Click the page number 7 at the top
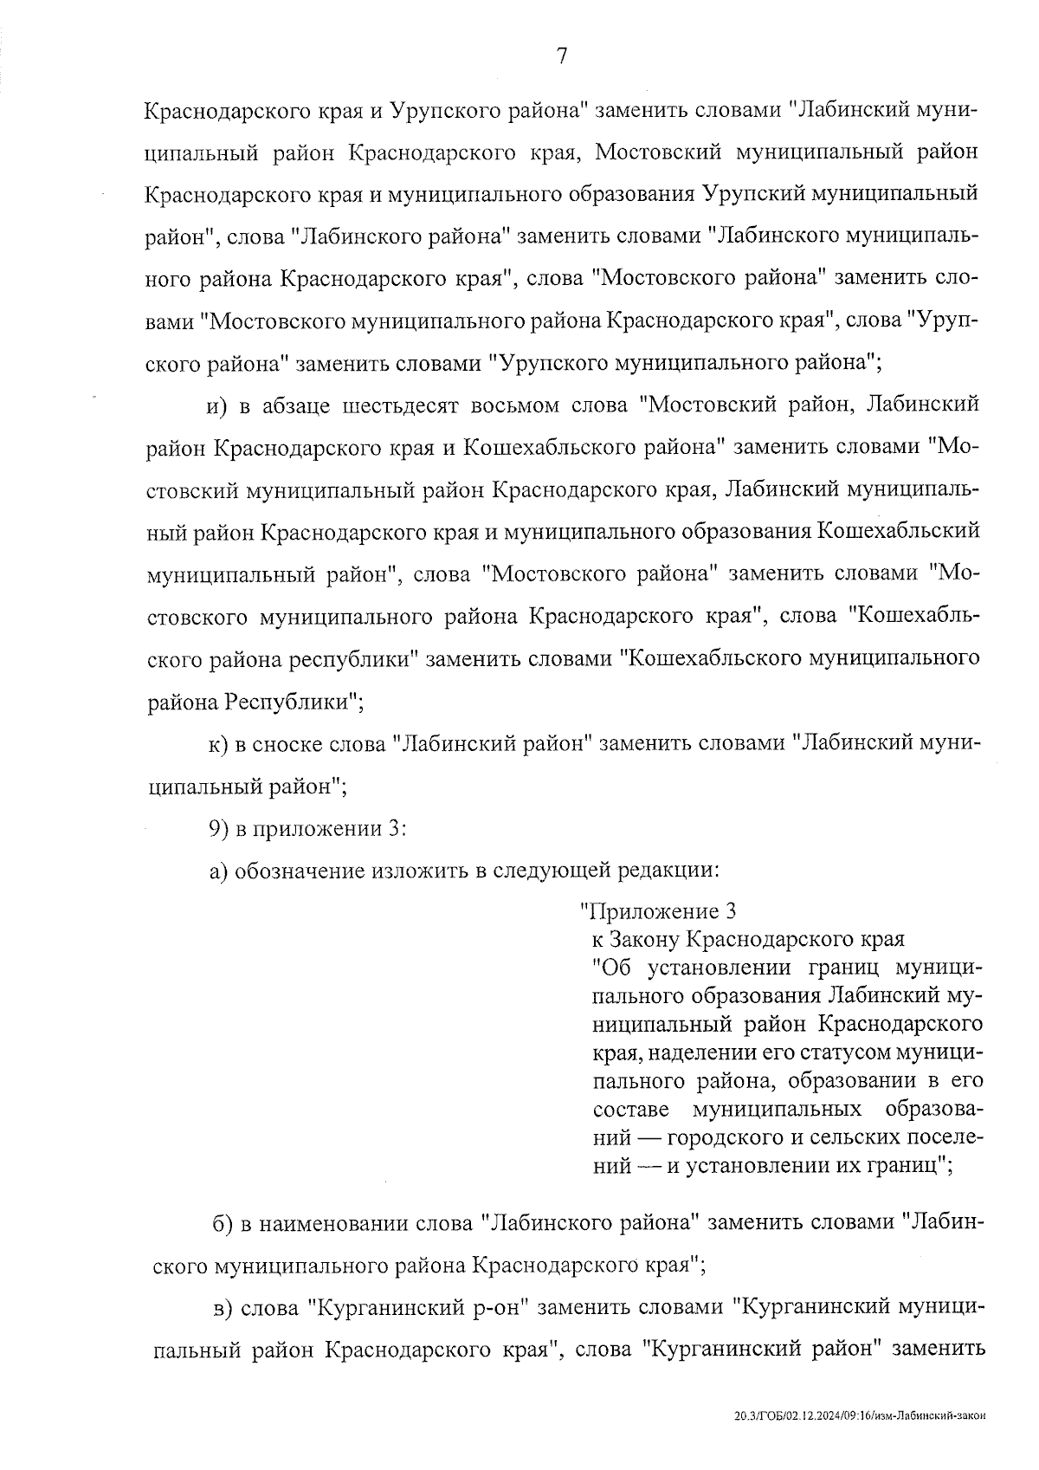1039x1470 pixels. coord(561,57)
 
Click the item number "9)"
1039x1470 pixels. coord(219,828)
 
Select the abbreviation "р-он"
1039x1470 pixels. coord(496,1307)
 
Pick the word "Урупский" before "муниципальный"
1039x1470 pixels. coord(752,193)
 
